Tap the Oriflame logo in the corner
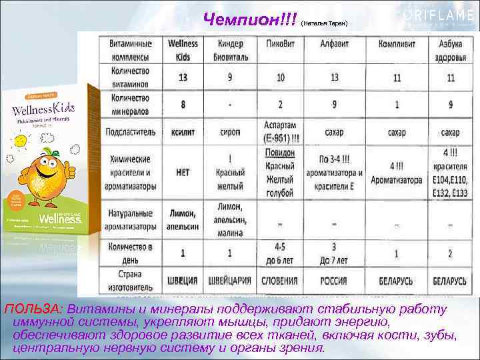click(440, 15)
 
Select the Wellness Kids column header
click(182, 49)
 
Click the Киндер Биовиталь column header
click(230, 49)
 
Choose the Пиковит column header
click(280, 43)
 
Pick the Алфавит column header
click(334, 43)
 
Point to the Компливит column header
click(396, 43)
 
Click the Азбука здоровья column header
click(451, 49)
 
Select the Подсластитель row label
click(129, 132)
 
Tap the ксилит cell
click(182, 132)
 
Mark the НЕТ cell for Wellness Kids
click(182, 172)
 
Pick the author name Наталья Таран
click(325, 23)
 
